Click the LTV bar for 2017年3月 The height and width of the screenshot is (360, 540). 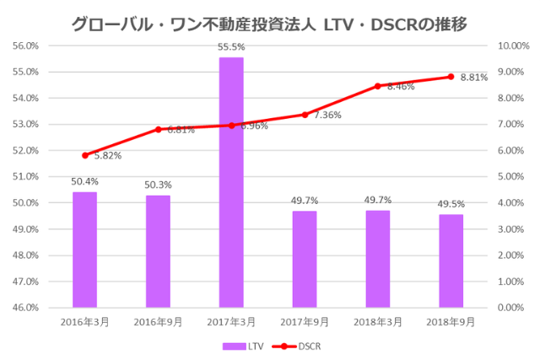coord(231,182)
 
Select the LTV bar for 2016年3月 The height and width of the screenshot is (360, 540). coord(84,250)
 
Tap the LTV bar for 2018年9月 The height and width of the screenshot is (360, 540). coord(451,261)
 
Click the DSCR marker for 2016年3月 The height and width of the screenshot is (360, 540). coord(84,155)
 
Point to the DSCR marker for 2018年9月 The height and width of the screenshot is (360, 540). coord(451,77)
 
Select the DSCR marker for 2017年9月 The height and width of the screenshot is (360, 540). coord(305,115)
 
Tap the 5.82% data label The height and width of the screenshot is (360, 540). coord(107,156)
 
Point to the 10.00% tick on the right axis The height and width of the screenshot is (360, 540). coord(513,46)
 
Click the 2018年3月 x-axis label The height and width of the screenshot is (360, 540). coord(377,322)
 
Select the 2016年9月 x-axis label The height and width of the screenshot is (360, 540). coord(158,322)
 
